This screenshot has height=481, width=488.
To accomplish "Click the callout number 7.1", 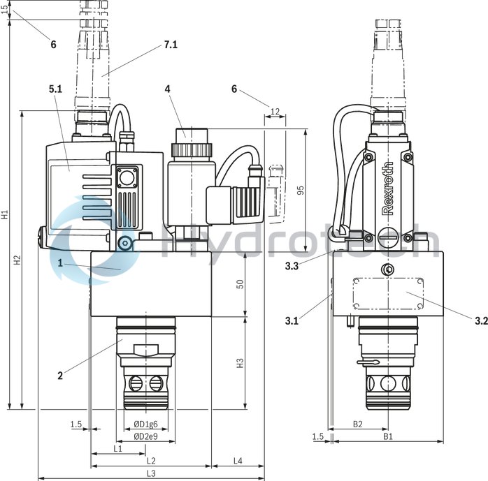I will (170, 45).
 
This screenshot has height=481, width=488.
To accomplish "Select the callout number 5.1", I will (55, 89).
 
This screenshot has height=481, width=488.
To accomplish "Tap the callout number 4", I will (168, 89).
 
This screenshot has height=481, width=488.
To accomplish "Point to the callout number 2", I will (60, 376).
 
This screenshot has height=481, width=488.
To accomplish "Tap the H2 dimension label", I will (17, 260).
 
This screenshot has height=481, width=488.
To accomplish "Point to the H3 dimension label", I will (240, 363).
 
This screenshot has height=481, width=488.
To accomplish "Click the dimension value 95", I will (301, 191).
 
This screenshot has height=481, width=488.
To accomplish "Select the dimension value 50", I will (240, 286).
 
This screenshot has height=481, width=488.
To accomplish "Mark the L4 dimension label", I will (237, 461).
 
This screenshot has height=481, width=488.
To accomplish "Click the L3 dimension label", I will (150, 473).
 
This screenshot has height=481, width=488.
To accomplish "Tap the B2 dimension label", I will (357, 424).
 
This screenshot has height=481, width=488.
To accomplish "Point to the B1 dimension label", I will (387, 436).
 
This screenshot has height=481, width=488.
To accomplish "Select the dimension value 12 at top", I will (274, 112).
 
